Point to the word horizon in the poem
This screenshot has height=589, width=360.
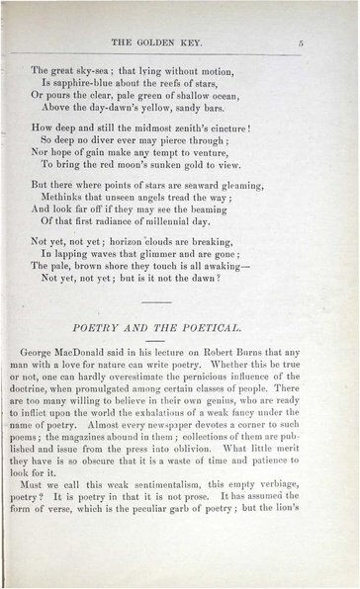point(145,254)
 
